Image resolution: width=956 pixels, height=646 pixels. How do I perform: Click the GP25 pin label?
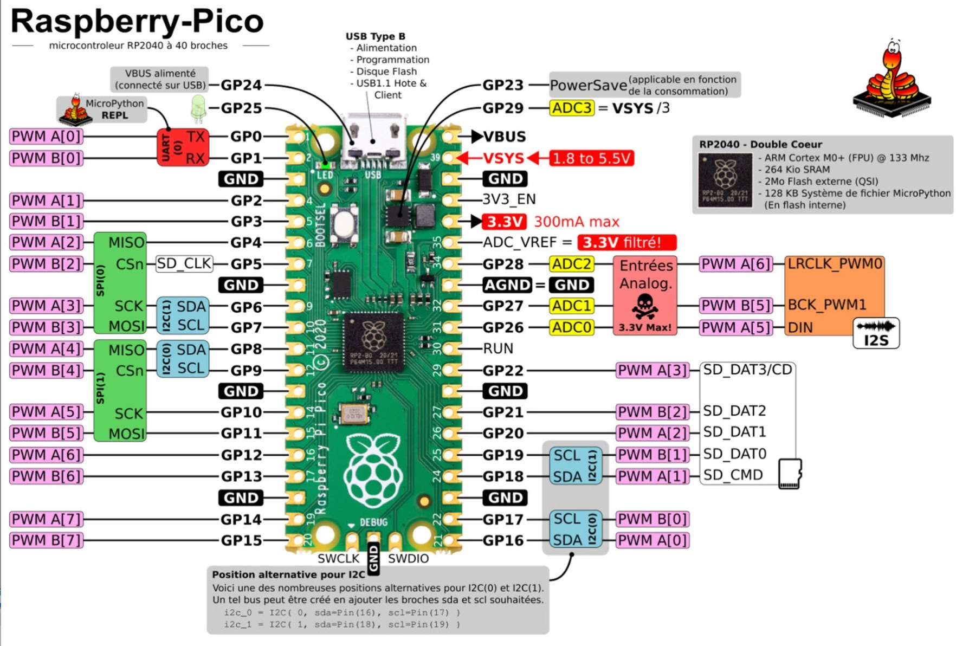[241, 108]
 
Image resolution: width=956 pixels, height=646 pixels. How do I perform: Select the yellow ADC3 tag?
[572, 108]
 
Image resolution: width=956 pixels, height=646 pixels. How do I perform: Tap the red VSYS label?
[503, 158]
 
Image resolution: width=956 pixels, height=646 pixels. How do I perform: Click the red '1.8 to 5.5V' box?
[591, 158]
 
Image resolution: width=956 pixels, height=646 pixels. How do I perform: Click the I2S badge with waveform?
[876, 333]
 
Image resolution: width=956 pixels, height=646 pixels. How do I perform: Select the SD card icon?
[790, 474]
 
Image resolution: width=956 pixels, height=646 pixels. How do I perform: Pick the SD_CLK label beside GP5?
[184, 264]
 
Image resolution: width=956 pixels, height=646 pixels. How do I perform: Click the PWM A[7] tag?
[47, 519]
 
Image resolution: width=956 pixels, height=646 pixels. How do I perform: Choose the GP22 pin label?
[503, 371]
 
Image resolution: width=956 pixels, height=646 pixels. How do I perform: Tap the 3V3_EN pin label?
[509, 199]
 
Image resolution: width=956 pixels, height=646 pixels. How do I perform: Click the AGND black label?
[507, 285]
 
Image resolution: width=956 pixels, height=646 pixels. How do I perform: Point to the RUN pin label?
[498, 348]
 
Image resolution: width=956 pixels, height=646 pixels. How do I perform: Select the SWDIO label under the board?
[408, 559]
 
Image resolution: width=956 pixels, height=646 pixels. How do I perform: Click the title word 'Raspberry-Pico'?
[137, 22]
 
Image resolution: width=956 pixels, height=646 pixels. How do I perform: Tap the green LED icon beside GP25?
[198, 107]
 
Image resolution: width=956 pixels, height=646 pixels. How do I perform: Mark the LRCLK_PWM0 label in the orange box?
[835, 264]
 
